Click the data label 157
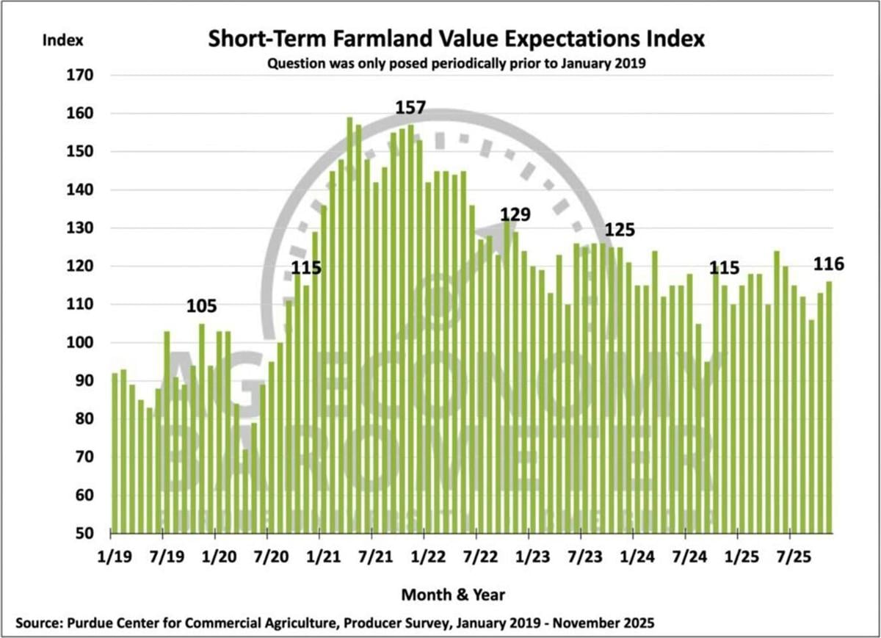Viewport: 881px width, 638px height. [x=410, y=108]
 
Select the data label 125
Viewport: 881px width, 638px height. [x=620, y=230]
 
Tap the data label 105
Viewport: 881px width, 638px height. [x=201, y=306]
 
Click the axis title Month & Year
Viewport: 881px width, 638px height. [x=453, y=593]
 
